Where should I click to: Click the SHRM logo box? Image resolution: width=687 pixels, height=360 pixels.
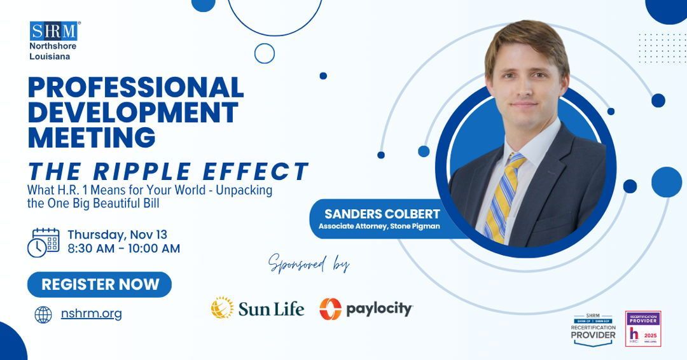(53, 31)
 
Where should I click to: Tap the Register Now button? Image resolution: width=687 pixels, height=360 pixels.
(100, 284)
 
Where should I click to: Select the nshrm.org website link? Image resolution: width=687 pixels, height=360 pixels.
(91, 313)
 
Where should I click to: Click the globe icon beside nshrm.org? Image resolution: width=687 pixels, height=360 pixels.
(43, 314)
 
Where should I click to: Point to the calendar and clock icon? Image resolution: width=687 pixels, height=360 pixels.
(44, 242)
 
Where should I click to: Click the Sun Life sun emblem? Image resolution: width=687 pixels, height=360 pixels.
(223, 308)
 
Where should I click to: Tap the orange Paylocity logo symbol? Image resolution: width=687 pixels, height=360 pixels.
(330, 309)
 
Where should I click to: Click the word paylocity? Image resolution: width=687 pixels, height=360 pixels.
(379, 310)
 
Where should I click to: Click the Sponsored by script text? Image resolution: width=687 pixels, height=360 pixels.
(309, 262)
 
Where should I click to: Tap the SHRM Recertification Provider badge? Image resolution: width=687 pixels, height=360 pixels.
(593, 329)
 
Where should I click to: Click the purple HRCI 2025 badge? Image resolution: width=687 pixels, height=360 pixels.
(642, 328)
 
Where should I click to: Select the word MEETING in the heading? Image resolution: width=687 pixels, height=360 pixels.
(92, 137)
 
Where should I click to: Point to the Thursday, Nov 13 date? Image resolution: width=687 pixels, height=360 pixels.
(118, 233)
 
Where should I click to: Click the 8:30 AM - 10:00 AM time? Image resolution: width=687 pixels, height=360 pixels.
(124, 249)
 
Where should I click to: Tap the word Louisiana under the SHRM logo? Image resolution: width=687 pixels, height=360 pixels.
(50, 56)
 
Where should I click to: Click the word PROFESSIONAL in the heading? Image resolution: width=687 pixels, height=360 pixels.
(135, 88)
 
